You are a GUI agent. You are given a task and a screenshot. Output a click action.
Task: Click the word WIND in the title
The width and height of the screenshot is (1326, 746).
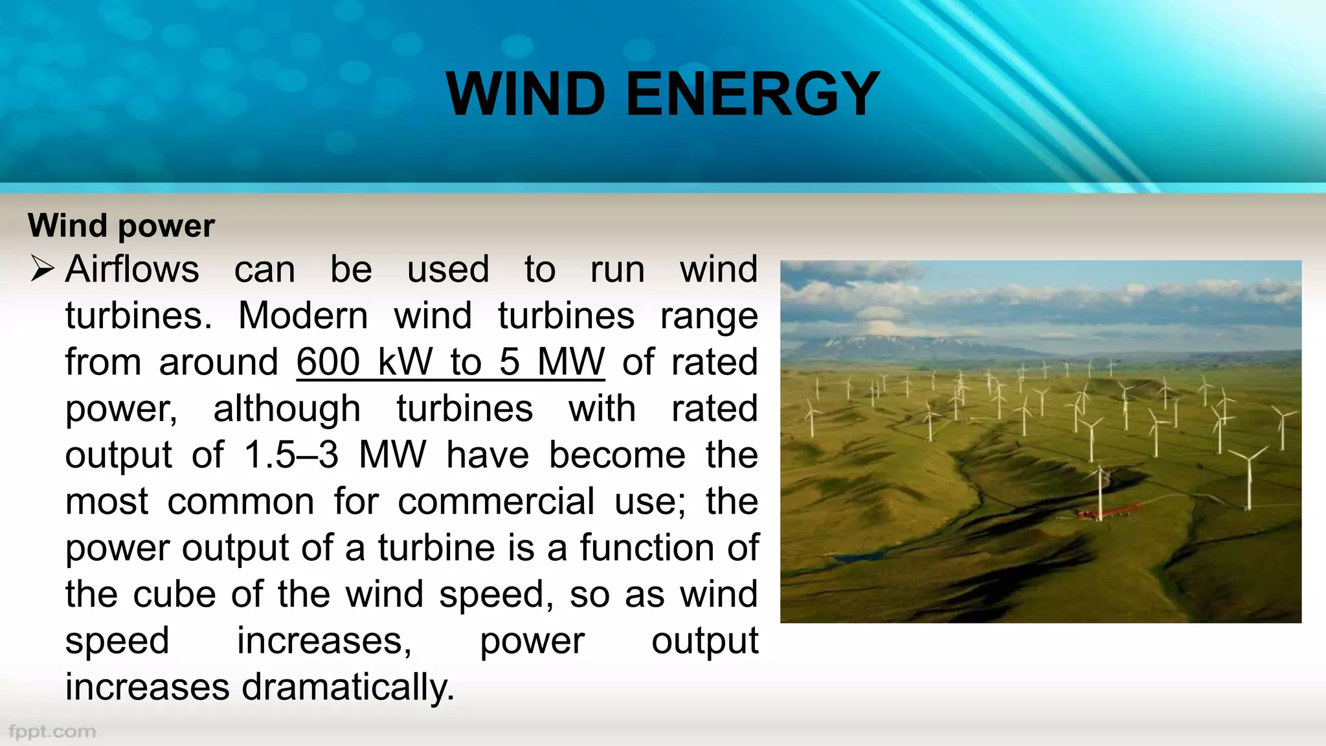[525, 95]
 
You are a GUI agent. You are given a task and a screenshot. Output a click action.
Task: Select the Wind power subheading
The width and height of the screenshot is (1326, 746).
[121, 226]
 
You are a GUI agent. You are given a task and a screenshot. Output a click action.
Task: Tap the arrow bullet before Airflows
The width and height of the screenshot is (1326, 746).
[42, 269]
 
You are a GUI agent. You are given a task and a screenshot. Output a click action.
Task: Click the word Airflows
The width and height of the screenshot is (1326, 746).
[132, 269]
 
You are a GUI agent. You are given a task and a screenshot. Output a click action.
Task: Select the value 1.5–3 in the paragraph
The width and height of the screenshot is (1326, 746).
[291, 455]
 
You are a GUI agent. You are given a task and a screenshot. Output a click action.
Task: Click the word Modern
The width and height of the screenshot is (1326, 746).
[303, 316]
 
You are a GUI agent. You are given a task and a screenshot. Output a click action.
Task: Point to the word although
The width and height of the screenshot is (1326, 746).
[287, 409]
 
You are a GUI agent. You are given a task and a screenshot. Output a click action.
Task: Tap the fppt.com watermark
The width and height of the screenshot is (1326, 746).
[52, 732]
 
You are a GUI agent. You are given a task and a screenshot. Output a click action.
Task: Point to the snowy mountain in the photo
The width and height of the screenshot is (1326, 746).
[868, 343]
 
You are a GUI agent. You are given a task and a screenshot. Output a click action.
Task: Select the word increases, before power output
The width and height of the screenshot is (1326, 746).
[324, 641]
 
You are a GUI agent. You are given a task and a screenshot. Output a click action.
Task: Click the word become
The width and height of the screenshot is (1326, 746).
[617, 455]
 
